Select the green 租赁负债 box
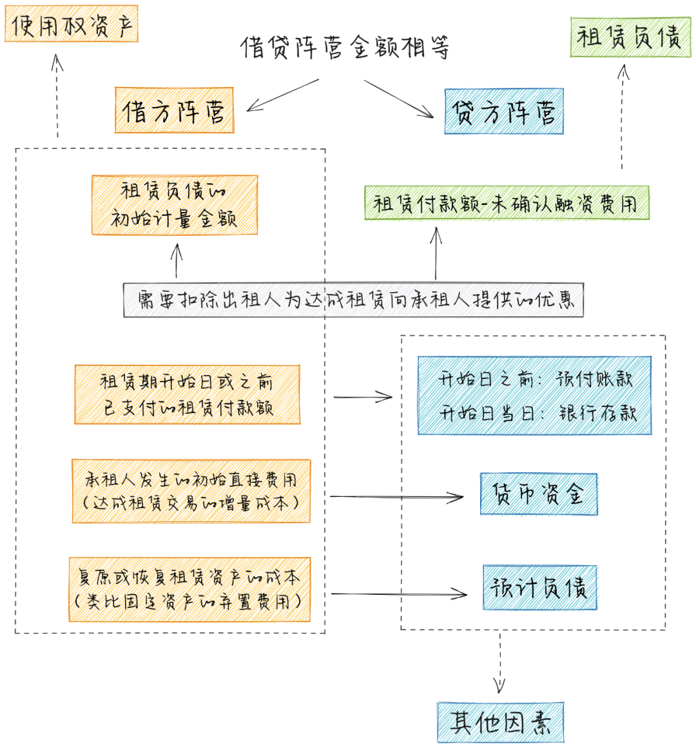(x=630, y=37)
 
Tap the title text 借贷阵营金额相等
(x=345, y=47)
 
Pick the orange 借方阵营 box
(x=174, y=111)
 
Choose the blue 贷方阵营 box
(x=504, y=112)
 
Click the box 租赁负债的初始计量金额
(x=174, y=205)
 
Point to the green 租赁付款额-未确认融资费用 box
(x=507, y=203)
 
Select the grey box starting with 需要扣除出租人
(x=353, y=300)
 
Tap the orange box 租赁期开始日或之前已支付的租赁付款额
(x=187, y=394)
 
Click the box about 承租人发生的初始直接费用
(x=191, y=491)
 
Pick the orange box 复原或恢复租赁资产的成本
(x=189, y=590)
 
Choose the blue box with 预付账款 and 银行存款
(x=534, y=395)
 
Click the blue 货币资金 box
(x=539, y=494)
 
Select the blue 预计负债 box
(x=540, y=587)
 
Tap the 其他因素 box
(x=500, y=723)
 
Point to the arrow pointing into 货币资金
(x=396, y=497)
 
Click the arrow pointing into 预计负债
(x=398, y=594)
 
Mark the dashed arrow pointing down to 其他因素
(x=499, y=664)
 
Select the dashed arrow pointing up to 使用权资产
(x=57, y=97)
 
